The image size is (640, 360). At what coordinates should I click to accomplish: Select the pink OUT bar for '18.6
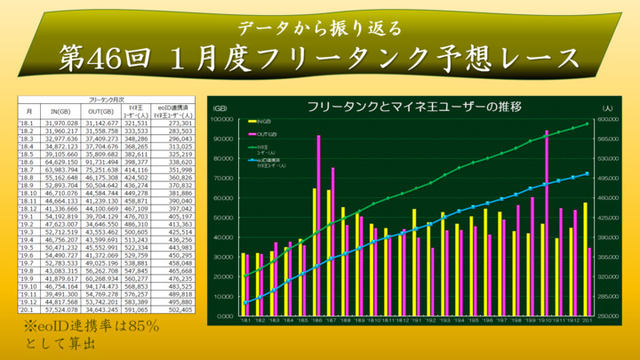tap(318, 227)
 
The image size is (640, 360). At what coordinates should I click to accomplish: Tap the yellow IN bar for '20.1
tap(585, 260)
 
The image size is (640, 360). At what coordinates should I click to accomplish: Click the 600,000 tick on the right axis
tap(608, 119)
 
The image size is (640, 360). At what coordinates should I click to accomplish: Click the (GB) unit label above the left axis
tap(221, 108)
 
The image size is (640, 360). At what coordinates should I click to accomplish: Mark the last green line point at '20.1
tap(588, 124)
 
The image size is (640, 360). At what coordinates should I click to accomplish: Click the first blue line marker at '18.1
tap(244, 302)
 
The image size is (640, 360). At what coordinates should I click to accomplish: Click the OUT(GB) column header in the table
tap(100, 111)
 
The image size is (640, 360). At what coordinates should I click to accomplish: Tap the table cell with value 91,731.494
tap(100, 163)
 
